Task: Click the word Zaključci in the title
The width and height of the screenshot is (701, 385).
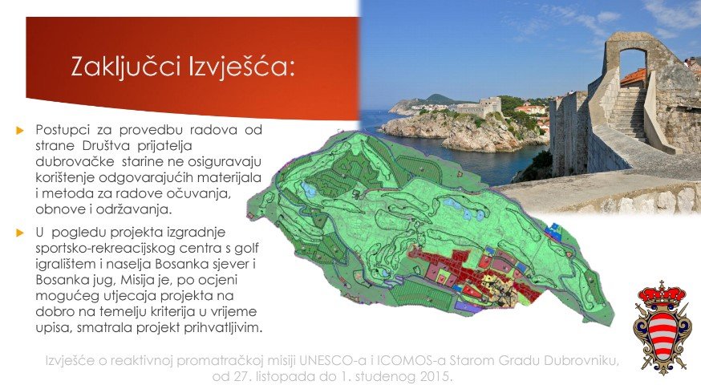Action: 126,67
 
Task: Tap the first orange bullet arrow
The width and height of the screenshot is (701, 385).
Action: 20,131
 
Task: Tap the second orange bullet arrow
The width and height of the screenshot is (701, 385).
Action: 20,233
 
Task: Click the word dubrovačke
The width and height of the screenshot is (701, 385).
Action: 72,161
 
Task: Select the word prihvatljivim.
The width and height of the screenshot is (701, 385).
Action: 222,328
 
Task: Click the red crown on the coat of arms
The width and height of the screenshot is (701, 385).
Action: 662,294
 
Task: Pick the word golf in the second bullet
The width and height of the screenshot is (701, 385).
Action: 246,248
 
